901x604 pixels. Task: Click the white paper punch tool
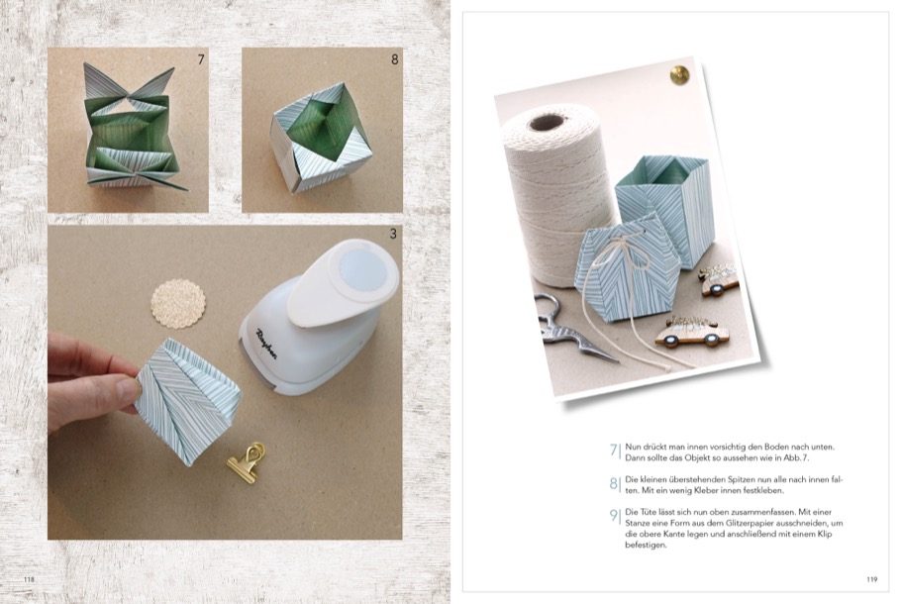319,315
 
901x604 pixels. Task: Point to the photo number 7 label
201,59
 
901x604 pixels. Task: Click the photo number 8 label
395,59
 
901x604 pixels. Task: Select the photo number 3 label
393,234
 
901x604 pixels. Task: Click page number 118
29,579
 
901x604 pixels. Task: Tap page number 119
871,579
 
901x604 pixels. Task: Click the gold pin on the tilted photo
679,75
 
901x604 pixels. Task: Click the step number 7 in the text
614,450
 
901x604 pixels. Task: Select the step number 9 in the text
614,516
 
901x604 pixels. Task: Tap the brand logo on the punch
266,346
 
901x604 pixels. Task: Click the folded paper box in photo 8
321,137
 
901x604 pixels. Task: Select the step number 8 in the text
614,483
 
